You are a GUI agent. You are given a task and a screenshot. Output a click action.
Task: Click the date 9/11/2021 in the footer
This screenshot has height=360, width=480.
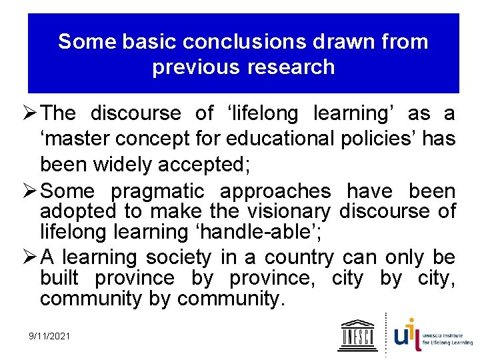click(x=49, y=336)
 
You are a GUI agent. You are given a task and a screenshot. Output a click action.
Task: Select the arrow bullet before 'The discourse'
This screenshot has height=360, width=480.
click(x=33, y=114)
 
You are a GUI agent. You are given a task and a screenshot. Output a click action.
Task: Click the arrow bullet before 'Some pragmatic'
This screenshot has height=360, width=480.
click(x=33, y=192)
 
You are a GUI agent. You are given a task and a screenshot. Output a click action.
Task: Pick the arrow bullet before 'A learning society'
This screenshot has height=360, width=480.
click(x=33, y=257)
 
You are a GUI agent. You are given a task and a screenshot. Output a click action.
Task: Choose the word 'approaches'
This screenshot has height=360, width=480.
click(x=275, y=192)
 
